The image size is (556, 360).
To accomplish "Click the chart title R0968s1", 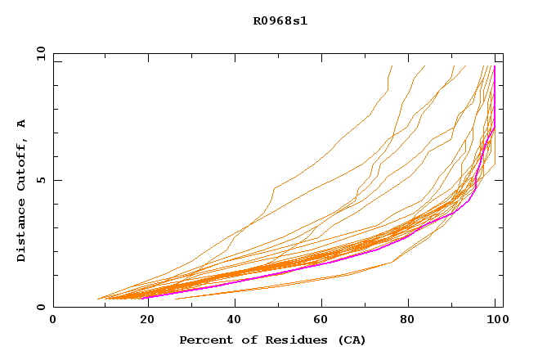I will [x=280, y=20].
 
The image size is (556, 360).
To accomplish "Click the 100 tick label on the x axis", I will [x=495, y=320].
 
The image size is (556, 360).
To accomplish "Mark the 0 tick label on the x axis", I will [x=53, y=320].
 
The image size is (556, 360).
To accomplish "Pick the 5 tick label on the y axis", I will [x=40, y=180].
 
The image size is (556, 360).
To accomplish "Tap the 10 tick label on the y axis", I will [x=37, y=53].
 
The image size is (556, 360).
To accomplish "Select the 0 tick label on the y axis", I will [x=40, y=307].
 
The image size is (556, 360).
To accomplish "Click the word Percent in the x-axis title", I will [x=205, y=340].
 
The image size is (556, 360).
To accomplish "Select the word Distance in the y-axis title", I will [x=21, y=230].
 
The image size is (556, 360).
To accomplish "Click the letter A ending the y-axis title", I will [x=21, y=124].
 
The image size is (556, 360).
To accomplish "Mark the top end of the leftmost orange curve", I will [x=392, y=66].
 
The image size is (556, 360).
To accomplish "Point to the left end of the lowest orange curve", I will [x=175, y=299].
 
